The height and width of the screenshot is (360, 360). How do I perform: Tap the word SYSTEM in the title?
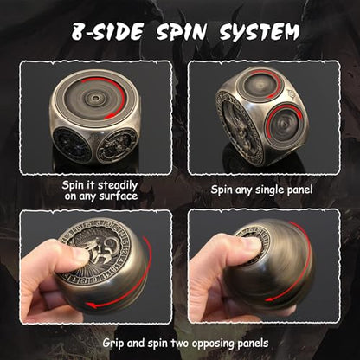(x=260, y=31)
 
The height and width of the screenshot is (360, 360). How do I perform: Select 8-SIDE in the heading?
(x=107, y=31)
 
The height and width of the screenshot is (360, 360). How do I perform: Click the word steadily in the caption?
(x=118, y=185)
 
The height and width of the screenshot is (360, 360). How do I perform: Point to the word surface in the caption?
(x=119, y=196)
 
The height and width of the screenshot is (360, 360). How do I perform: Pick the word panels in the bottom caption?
(x=253, y=344)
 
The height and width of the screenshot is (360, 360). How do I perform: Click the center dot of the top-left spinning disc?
(x=95, y=98)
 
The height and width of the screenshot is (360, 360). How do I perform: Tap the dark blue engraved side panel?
(x=71, y=144)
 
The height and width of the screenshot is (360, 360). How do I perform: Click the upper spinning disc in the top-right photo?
(x=260, y=84)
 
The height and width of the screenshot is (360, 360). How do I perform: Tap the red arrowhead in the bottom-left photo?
(x=93, y=305)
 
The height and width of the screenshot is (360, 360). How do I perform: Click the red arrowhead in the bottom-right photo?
(x=270, y=299)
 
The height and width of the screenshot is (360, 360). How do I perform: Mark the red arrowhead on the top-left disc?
(x=109, y=116)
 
